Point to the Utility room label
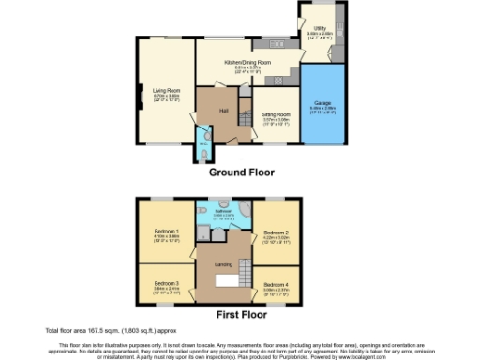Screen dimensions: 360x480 (x=321, y=30)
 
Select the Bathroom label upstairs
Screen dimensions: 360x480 (x=223, y=212)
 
